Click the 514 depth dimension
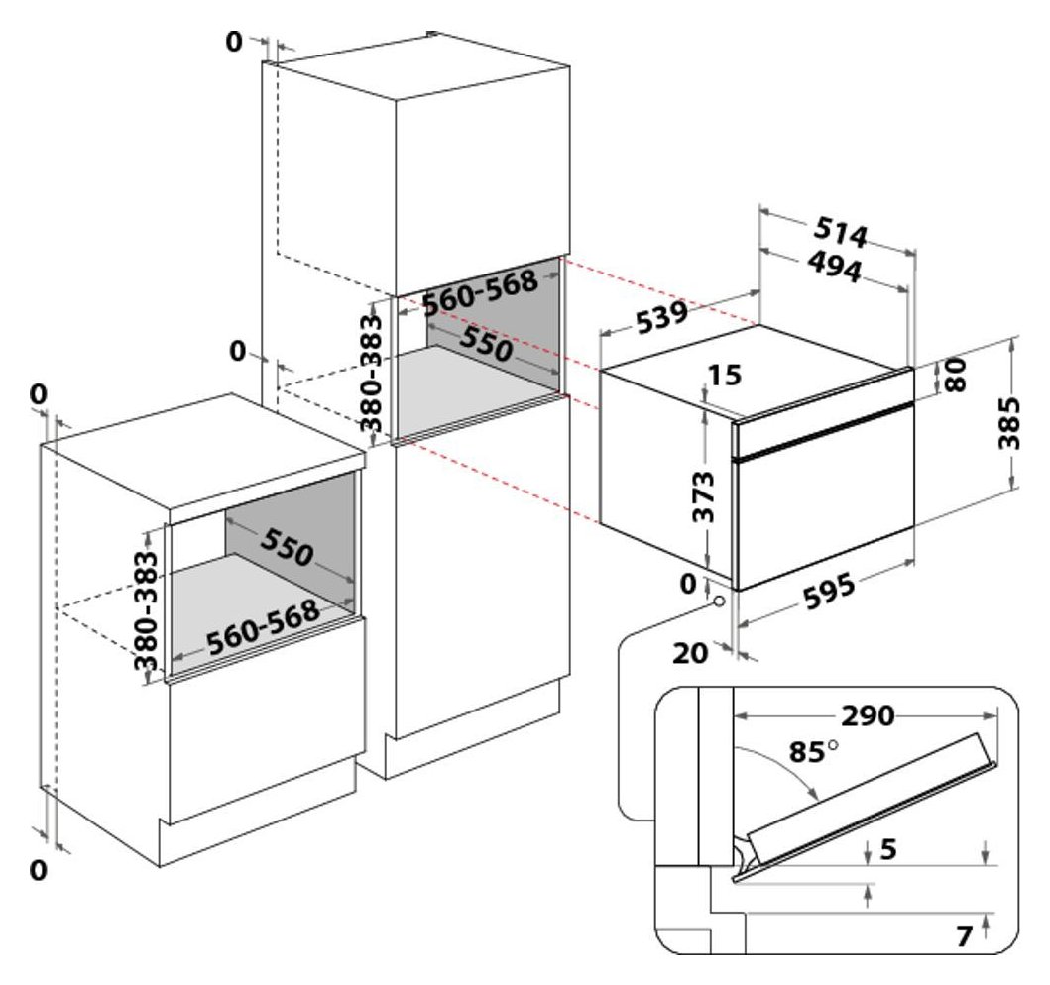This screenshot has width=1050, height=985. (841, 233)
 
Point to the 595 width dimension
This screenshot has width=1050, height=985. (822, 594)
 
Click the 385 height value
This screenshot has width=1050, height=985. (1009, 423)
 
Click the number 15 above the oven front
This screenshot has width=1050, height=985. (726, 376)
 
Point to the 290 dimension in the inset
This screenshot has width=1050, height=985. (868, 715)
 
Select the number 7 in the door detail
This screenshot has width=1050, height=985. (964, 935)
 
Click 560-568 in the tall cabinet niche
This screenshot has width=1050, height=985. (480, 293)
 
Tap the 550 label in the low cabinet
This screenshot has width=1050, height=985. (289, 546)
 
